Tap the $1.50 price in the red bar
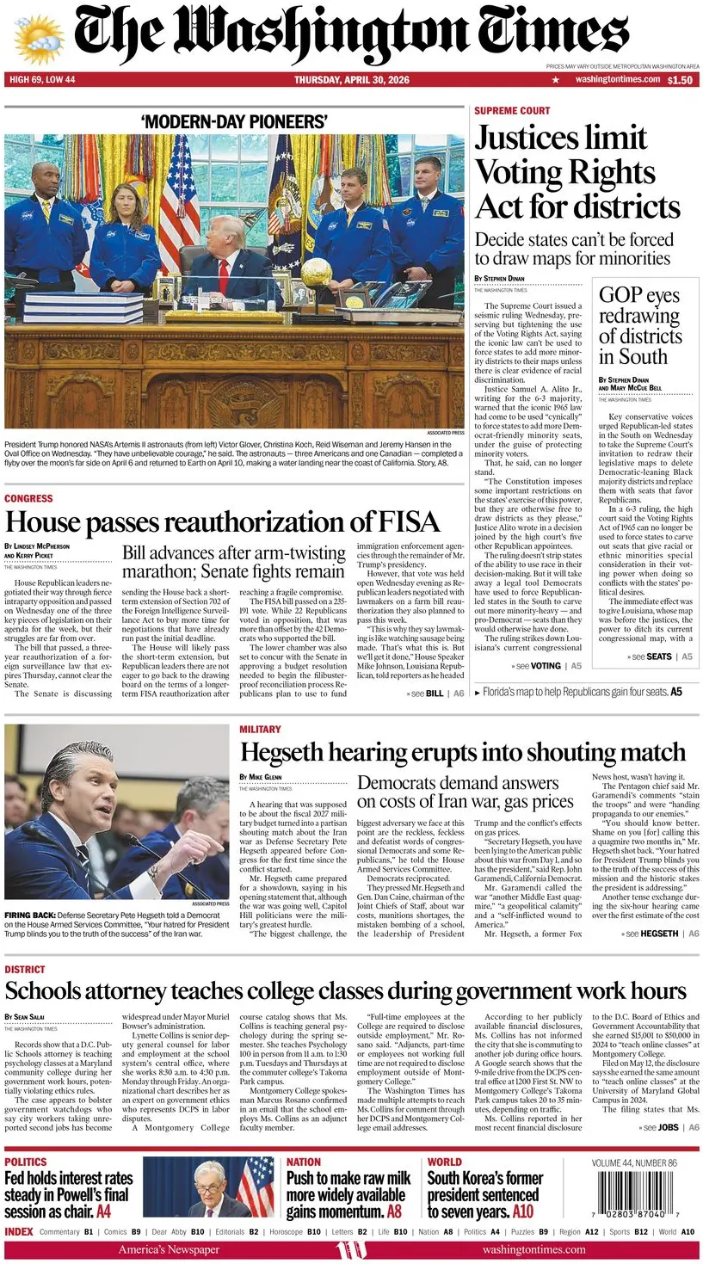[x=680, y=80]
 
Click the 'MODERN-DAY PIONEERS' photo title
[x=233, y=121]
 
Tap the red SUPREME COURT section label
[x=512, y=111]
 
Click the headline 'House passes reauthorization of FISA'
[x=222, y=521]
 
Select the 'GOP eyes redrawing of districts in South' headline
[x=638, y=326]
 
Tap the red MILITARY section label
[x=260, y=730]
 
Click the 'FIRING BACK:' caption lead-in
[x=31, y=916]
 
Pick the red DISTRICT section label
[x=25, y=970]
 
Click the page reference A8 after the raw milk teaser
[x=394, y=1212]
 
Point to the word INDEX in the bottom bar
[x=19, y=1232]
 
